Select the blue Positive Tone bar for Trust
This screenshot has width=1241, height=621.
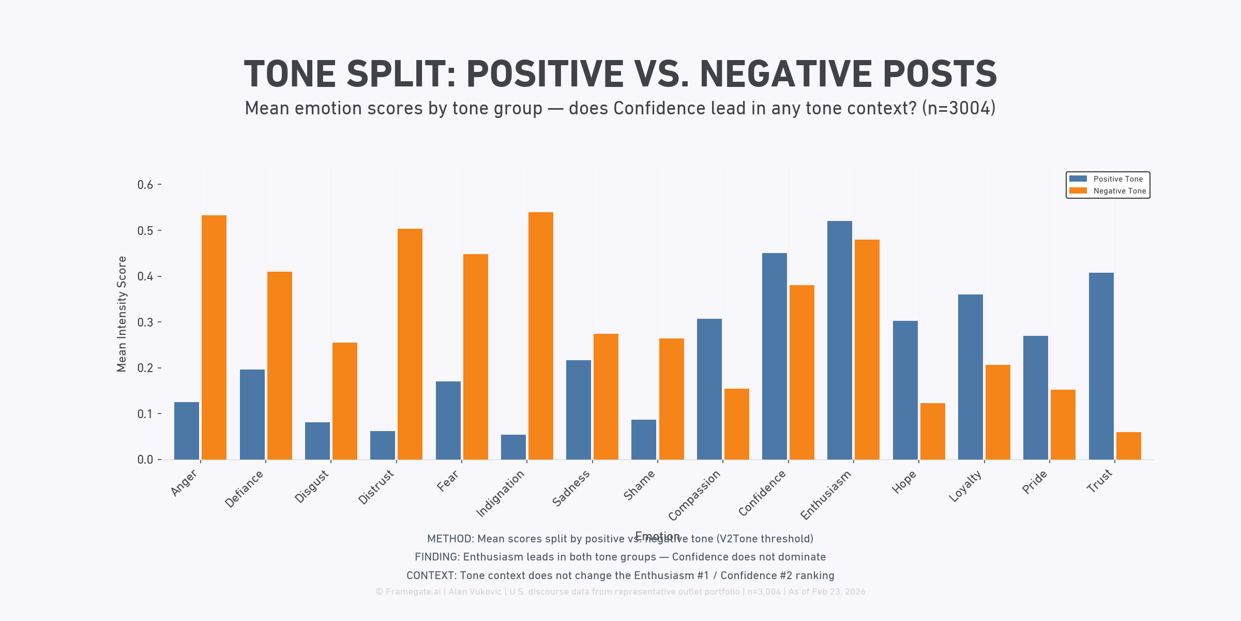[x=1101, y=366]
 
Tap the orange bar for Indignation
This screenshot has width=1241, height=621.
[x=540, y=336]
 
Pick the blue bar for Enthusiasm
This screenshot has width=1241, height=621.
[x=840, y=340]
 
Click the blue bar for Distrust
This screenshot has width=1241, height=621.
[x=383, y=445]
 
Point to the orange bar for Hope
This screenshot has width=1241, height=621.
[x=933, y=431]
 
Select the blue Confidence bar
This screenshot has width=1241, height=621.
[x=775, y=356]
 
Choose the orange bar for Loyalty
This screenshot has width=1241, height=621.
[x=998, y=412]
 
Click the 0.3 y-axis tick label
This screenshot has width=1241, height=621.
[x=145, y=322]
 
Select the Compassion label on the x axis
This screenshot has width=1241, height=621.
[x=694, y=495]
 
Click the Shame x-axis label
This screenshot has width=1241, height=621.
[x=640, y=485]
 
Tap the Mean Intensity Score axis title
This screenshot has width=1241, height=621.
[x=122, y=314]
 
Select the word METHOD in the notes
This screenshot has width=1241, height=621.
[x=449, y=539]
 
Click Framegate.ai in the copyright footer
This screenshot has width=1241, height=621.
[x=413, y=592]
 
